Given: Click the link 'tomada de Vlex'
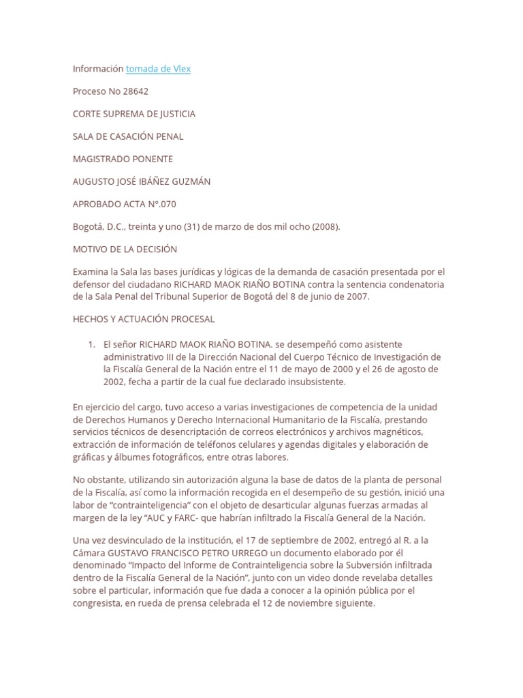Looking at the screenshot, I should click(x=158, y=69).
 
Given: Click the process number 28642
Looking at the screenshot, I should click(x=135, y=91).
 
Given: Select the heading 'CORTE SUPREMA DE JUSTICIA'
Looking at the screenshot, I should click(x=133, y=114).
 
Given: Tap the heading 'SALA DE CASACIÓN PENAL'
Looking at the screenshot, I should click(x=128, y=136).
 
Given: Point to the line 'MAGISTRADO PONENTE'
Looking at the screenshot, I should click(x=123, y=159).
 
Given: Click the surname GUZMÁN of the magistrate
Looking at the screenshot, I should click(x=204, y=181).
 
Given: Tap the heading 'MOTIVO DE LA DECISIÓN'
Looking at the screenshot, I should click(x=125, y=249).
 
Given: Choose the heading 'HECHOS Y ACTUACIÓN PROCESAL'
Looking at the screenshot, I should click(x=143, y=318).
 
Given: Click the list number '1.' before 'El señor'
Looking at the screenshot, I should click(x=92, y=344).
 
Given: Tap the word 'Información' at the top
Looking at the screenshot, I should click(x=98, y=69).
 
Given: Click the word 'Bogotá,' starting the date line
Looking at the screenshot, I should click(x=89, y=226).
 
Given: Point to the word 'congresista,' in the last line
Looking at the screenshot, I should click(x=97, y=604).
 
